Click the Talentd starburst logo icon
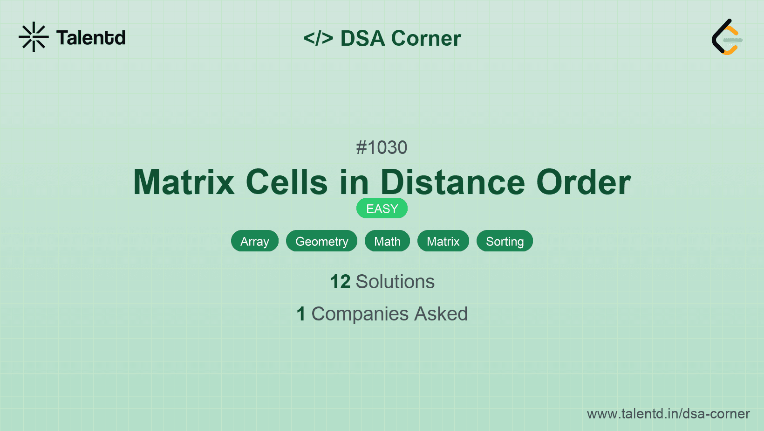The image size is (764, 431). tap(34, 37)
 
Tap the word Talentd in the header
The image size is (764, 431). tap(91, 38)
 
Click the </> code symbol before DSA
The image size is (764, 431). tap(318, 38)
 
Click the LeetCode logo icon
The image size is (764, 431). tap(727, 37)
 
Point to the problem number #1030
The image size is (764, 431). tap(382, 148)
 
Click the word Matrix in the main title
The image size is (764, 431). tap(184, 182)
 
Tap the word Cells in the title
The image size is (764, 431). tap(286, 182)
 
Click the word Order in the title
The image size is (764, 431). tap(583, 182)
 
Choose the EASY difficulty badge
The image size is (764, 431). tap(382, 209)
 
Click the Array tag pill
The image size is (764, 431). tap(255, 241)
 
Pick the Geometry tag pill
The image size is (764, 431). tap(321, 241)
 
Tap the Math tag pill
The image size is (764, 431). tap(387, 241)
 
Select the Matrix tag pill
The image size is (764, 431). tap(443, 241)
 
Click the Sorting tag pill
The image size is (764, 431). tap(505, 241)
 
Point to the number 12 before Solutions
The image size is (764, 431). tap(340, 282)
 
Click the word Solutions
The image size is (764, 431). tap(395, 282)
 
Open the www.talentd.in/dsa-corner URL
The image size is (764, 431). tap(668, 414)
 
